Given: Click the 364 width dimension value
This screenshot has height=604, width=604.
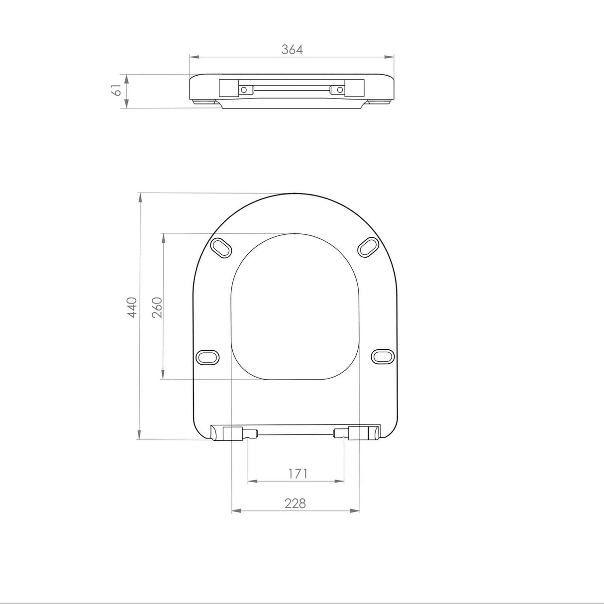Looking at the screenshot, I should pos(292,49).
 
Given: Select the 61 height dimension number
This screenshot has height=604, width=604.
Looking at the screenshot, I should pos(116,91).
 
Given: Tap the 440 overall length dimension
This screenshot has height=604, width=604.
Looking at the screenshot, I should pos(131,307).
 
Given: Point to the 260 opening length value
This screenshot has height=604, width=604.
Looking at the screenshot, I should pos(156,307).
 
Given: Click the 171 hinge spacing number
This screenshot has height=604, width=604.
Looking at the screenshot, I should pos(298,474).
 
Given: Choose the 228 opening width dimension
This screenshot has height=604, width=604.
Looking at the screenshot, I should pos(295,503).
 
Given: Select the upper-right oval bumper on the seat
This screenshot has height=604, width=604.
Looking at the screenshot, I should pos(369,247).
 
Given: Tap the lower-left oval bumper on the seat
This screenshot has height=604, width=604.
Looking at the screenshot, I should pos(207,357).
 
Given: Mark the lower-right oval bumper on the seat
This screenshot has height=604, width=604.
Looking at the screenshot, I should pos(383,356).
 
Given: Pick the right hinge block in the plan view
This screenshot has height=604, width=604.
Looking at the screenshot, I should pos(359,433).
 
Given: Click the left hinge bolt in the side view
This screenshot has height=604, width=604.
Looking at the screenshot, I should pos(244,90).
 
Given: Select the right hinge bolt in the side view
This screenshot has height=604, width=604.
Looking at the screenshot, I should pos(340,90).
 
